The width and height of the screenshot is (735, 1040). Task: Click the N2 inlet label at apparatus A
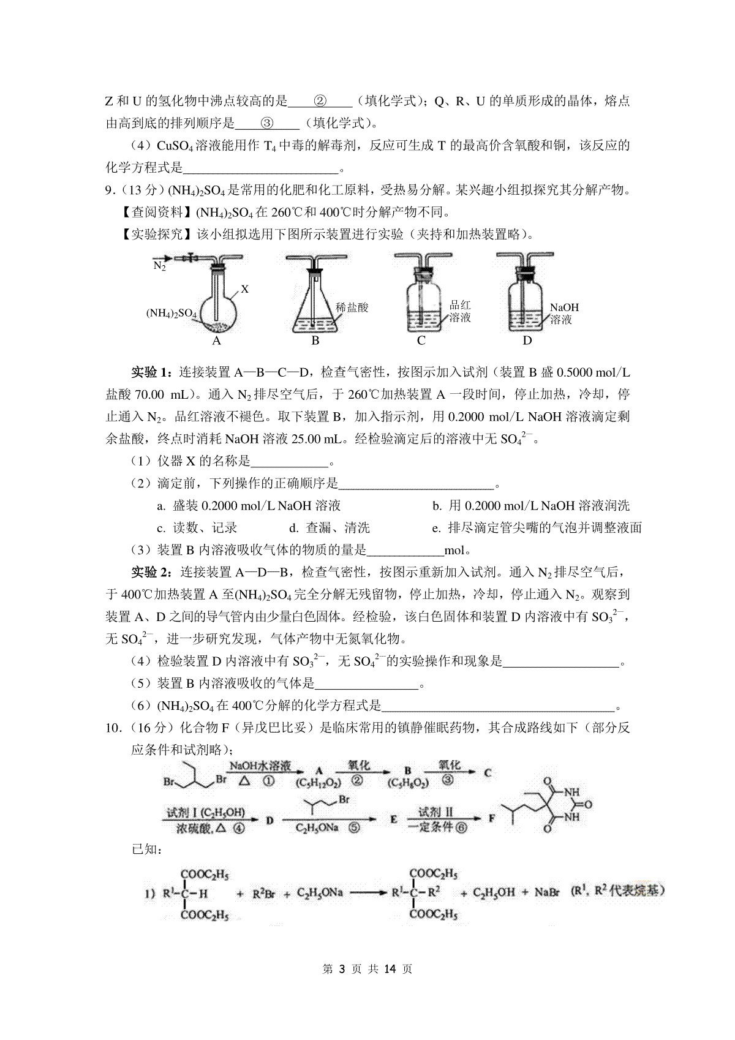pyautogui.click(x=159, y=266)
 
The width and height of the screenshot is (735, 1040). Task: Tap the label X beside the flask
pyautogui.click(x=244, y=288)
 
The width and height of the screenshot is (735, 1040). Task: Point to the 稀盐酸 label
pyautogui.click(x=352, y=307)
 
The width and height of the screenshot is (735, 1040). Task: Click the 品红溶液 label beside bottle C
pyautogui.click(x=460, y=311)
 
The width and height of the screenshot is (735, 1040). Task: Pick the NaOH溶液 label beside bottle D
pyautogui.click(x=563, y=313)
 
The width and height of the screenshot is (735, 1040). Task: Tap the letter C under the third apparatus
pyautogui.click(x=421, y=341)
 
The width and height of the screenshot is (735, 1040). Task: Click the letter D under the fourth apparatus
pyautogui.click(x=527, y=341)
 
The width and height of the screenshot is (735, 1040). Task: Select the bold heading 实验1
pyautogui.click(x=153, y=372)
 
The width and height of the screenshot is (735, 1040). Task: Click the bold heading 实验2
pyautogui.click(x=153, y=572)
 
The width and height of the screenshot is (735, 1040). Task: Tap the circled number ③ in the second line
pyautogui.click(x=267, y=123)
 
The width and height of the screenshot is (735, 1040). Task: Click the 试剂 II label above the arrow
pyautogui.click(x=435, y=812)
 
